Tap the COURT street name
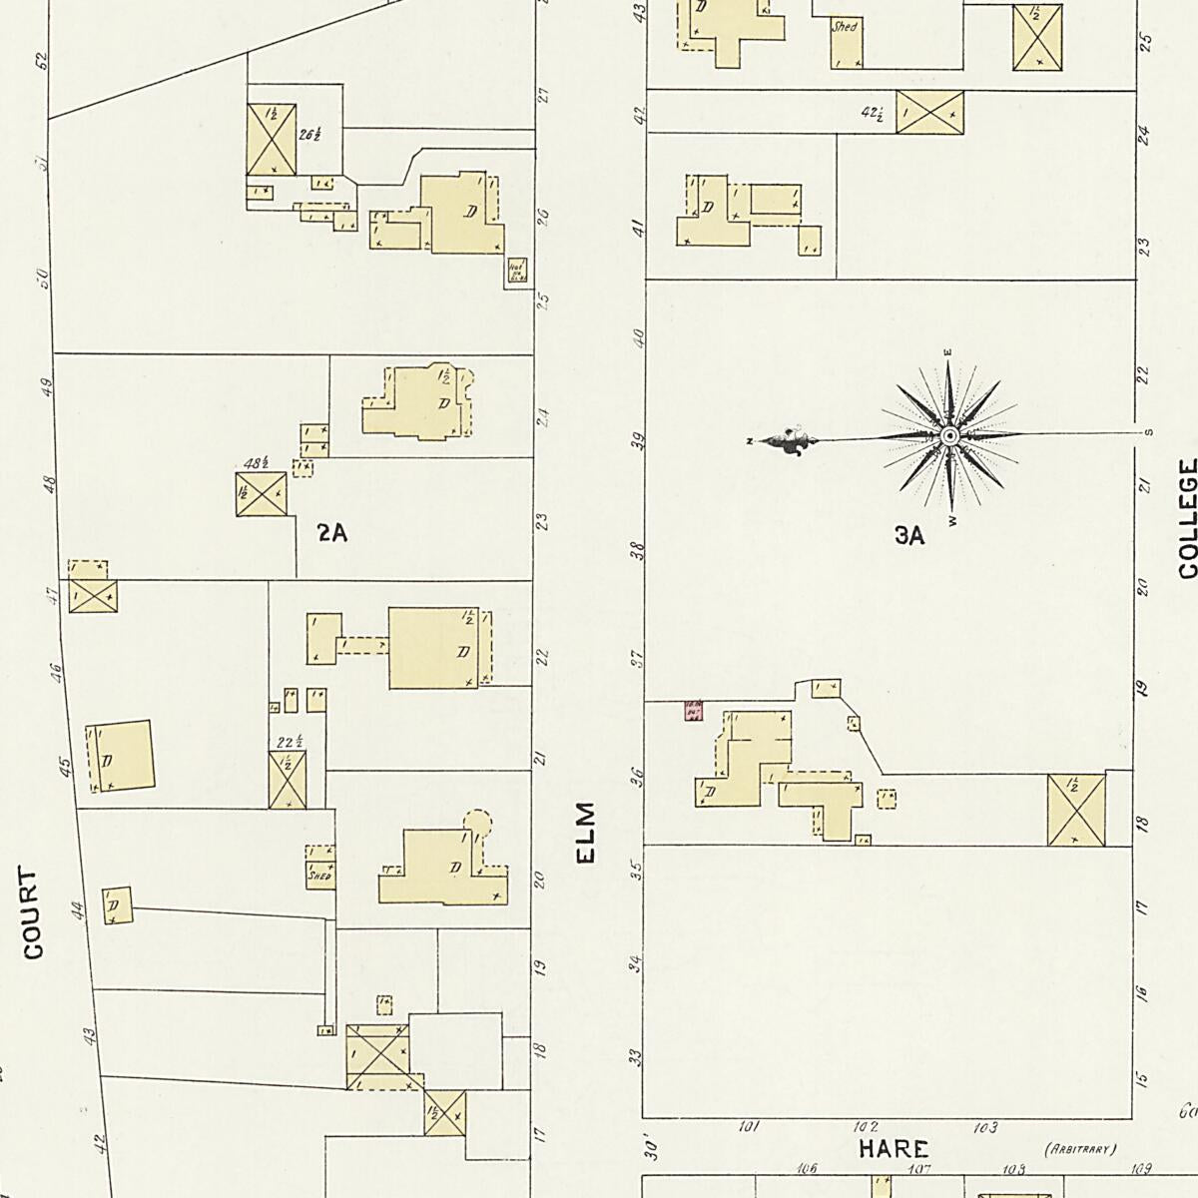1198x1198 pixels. pyautogui.click(x=34, y=913)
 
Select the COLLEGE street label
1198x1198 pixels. pyautogui.click(x=1187, y=518)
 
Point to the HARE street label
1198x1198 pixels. pyautogui.click(x=894, y=1149)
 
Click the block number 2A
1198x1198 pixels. pyautogui.click(x=331, y=533)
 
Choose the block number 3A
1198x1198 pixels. pyautogui.click(x=909, y=536)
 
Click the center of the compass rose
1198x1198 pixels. pyautogui.click(x=950, y=436)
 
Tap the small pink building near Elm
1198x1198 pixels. pyautogui.click(x=693, y=710)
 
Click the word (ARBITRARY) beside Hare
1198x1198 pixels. pyautogui.click(x=1079, y=1149)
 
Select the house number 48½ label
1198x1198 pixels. pyautogui.click(x=257, y=463)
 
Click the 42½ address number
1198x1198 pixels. pyautogui.click(x=872, y=113)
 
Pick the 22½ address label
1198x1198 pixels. pyautogui.click(x=290, y=742)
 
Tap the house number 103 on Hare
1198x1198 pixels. pyautogui.click(x=984, y=1127)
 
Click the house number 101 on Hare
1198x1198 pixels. pyautogui.click(x=748, y=1127)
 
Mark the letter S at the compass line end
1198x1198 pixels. pyautogui.click(x=1148, y=432)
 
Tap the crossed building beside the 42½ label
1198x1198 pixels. pyautogui.click(x=929, y=111)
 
